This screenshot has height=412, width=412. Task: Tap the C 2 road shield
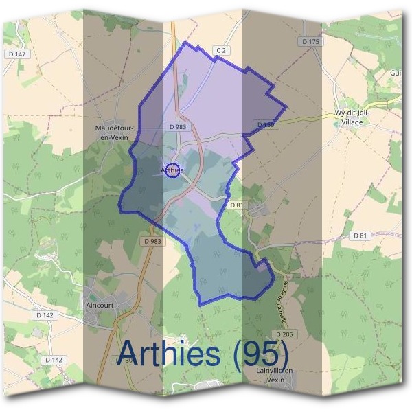point(220,50)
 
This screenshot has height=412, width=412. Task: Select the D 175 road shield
point(311,42)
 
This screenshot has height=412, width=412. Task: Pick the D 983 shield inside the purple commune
point(177,127)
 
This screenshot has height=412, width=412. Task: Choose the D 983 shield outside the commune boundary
point(153,241)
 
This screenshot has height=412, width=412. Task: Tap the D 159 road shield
point(264,124)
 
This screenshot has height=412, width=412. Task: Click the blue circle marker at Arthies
point(173,170)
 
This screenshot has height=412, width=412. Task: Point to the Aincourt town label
point(100,304)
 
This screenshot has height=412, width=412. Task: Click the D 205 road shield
point(287,334)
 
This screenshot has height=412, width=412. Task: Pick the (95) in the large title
point(260,354)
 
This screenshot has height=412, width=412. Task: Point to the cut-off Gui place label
point(396,73)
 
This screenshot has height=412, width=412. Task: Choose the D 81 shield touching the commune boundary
point(237,205)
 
